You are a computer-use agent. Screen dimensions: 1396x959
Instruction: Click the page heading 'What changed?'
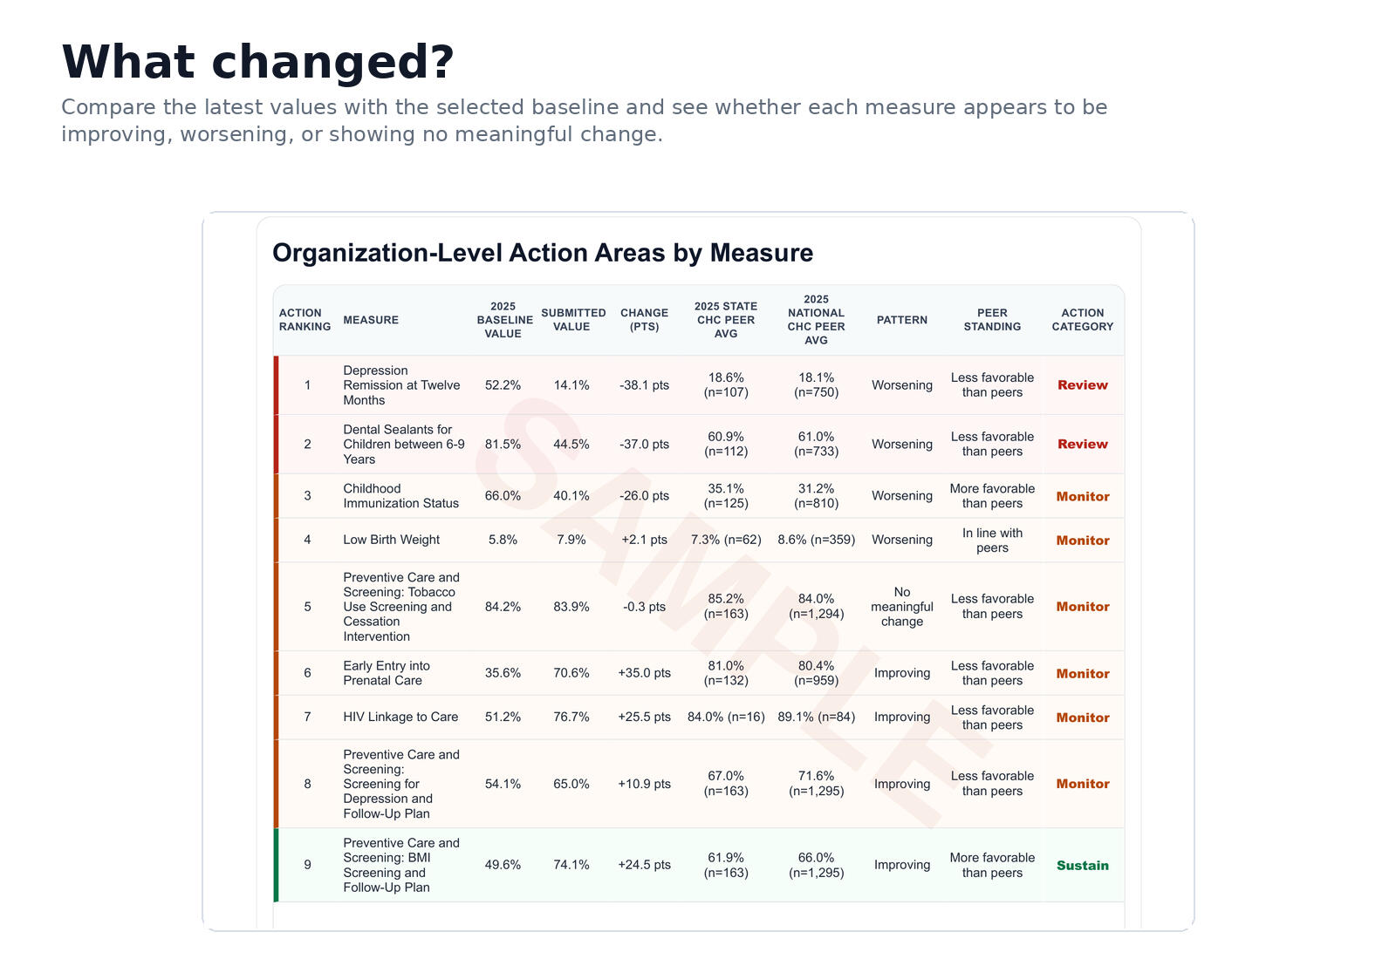(257, 62)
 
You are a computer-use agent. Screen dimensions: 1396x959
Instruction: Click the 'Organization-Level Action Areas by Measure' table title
(542, 253)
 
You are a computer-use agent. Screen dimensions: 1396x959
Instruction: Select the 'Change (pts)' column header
(644, 319)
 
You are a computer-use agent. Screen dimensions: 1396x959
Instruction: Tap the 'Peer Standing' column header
(991, 319)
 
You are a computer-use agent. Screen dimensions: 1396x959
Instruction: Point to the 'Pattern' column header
(902, 319)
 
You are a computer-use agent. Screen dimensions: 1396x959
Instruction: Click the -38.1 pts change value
(644, 384)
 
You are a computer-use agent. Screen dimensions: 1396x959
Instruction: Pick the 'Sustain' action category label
(1082, 865)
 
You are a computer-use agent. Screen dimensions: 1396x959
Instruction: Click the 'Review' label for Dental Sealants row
(1082, 444)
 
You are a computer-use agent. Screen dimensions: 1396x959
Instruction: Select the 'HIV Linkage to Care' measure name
(400, 717)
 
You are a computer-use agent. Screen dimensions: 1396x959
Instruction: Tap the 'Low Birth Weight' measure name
(391, 540)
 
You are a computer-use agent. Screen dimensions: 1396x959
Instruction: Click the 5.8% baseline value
(503, 540)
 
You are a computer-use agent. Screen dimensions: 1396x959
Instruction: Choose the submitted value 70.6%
(571, 672)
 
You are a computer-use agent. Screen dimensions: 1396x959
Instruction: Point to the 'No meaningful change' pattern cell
(902, 607)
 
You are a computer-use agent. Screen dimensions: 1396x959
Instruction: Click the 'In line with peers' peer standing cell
(991, 540)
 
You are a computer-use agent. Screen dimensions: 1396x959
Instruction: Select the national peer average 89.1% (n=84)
(816, 717)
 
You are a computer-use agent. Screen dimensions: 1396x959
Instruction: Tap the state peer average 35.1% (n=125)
(725, 496)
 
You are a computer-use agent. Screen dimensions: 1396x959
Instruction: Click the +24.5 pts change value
(644, 864)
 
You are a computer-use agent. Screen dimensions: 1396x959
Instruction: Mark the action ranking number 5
(307, 607)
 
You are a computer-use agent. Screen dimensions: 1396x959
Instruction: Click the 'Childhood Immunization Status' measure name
(400, 496)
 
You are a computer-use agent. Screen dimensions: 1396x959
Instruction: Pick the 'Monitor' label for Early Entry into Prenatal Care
(1082, 673)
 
